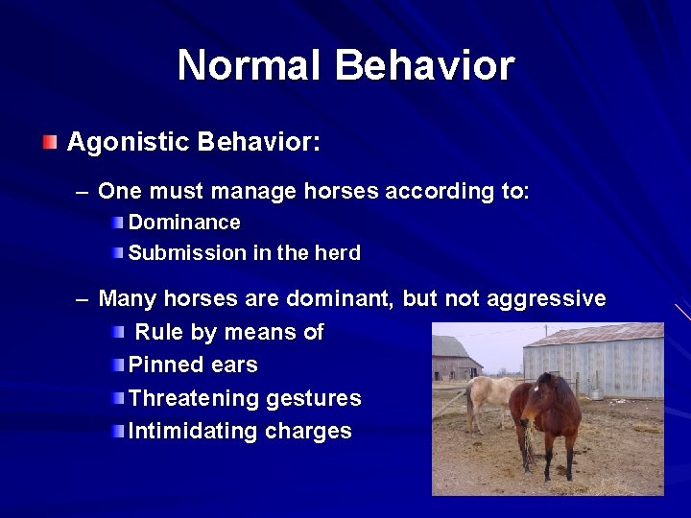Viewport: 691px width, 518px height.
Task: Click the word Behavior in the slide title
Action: [424, 66]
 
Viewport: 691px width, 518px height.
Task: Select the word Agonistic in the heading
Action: [128, 143]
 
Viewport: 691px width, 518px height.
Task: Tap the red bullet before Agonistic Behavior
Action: [50, 143]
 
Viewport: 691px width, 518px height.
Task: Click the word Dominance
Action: [184, 223]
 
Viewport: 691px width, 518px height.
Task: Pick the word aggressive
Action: [546, 298]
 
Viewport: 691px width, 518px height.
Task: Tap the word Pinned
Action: [165, 365]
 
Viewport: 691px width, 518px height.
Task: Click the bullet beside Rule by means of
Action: [117, 333]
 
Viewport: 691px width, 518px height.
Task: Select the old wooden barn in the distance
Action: [453, 359]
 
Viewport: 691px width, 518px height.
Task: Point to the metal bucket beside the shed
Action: [597, 393]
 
